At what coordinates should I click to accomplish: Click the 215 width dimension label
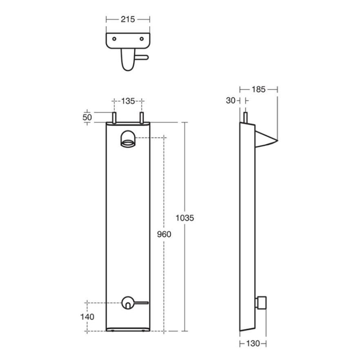click(128, 19)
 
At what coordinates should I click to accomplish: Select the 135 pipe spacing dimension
click(128, 101)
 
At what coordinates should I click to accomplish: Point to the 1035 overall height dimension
click(185, 218)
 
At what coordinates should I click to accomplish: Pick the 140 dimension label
click(87, 316)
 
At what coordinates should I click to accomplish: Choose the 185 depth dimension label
click(258, 89)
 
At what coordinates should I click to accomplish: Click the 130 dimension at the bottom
click(253, 344)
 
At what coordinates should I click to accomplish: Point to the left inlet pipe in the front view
click(115, 118)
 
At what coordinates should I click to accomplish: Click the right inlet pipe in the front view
click(142, 118)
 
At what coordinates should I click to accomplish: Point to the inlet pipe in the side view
click(245, 118)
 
